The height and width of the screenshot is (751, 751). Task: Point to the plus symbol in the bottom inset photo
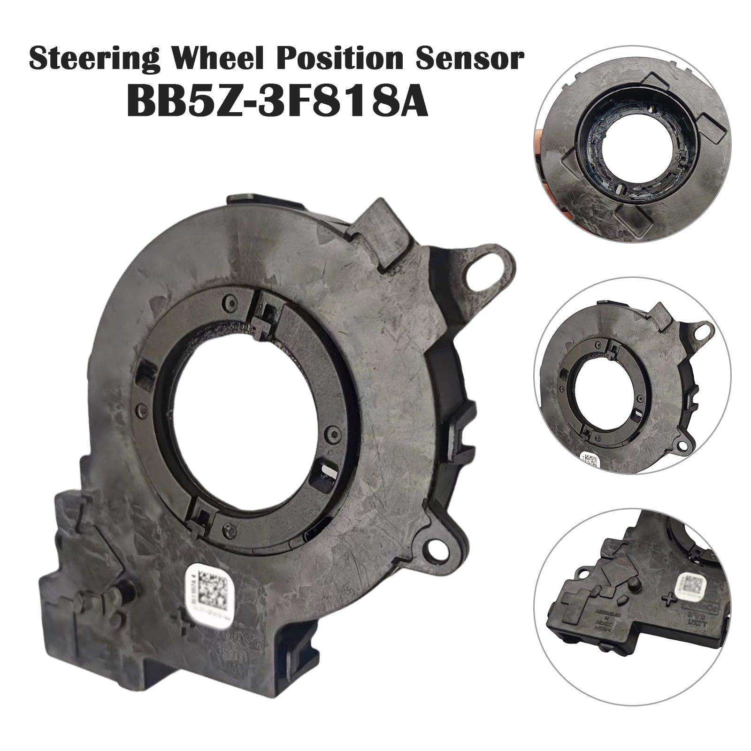tap(665, 599)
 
